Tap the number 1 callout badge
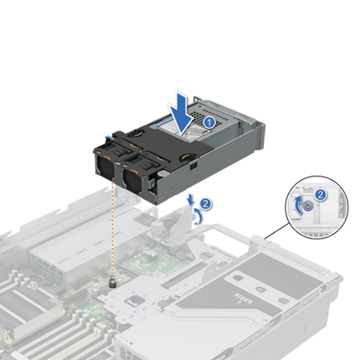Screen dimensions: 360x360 (207, 119)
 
